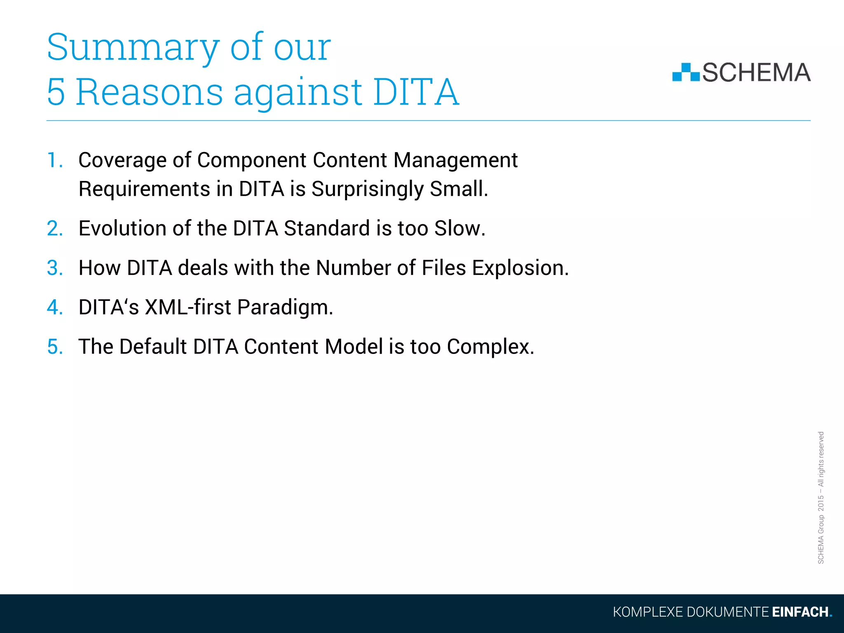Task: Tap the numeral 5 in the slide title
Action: (56, 92)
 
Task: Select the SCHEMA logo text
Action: (756, 73)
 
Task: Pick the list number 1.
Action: (54, 160)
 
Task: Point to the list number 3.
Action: (55, 268)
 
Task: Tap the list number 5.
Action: (55, 347)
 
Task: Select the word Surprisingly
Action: (367, 189)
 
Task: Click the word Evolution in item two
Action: (122, 228)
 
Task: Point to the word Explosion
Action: (520, 268)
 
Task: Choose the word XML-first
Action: (188, 307)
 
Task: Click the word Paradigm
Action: (285, 307)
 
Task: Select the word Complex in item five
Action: (490, 347)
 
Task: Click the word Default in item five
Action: (153, 347)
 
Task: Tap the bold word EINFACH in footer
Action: (800, 612)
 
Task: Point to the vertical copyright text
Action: (821, 497)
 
